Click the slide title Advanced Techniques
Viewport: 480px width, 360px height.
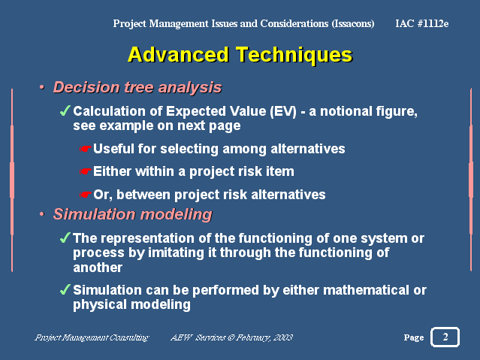click(240, 55)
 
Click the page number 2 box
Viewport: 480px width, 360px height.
click(445, 337)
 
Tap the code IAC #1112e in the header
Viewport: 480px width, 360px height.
click(422, 23)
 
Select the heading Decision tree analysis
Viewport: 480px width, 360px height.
click(137, 87)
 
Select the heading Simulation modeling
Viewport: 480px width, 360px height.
click(132, 214)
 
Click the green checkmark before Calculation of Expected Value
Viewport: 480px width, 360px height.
click(65, 110)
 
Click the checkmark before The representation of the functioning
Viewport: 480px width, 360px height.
click(65, 237)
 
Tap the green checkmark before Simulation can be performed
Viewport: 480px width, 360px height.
click(65, 289)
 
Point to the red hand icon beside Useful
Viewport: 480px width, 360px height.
click(86, 149)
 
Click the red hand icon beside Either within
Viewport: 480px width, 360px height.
click(86, 171)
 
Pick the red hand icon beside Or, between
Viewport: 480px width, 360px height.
click(86, 195)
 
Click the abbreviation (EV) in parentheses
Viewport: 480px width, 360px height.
click(283, 111)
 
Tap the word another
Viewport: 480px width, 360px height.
click(98, 268)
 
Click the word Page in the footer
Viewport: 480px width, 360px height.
click(414, 337)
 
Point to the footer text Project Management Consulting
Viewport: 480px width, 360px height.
click(92, 337)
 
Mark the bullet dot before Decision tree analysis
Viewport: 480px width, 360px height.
click(42, 88)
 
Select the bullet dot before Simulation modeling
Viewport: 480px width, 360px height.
click(42, 214)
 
